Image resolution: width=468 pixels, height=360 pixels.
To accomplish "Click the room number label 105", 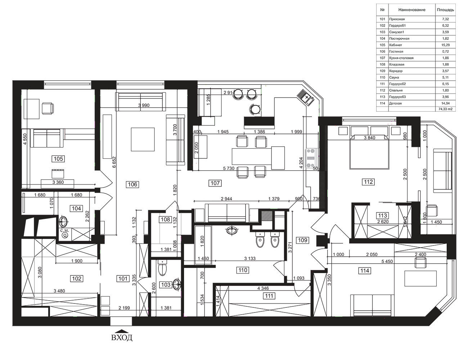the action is (x=58, y=159).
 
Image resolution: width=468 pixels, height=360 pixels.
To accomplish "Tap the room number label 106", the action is (x=132, y=184).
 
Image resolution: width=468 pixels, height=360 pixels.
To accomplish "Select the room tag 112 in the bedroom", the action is (x=368, y=182).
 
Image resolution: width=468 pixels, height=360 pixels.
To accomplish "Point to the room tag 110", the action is (x=243, y=270).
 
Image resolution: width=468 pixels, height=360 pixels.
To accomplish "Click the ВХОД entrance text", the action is (x=122, y=338).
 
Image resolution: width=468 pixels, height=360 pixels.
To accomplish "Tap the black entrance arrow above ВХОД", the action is (x=122, y=331).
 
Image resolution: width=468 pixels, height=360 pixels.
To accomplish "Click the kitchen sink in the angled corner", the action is (x=305, y=97).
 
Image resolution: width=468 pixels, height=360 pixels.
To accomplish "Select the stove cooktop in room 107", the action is (x=311, y=158).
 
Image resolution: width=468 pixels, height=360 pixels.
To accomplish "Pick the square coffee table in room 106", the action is (x=143, y=139).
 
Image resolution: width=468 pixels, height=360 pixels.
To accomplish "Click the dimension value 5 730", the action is (x=229, y=168).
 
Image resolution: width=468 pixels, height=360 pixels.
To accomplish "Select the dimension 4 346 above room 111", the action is (x=263, y=288).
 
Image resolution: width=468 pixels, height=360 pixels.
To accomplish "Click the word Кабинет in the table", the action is (x=395, y=45).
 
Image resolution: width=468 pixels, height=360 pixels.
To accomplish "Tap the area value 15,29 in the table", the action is (x=445, y=45).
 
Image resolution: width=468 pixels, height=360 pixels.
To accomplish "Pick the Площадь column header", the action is (x=445, y=10).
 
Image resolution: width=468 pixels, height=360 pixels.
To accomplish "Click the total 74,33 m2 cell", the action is (x=445, y=109).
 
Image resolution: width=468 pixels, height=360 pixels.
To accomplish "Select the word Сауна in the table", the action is (x=394, y=77).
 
